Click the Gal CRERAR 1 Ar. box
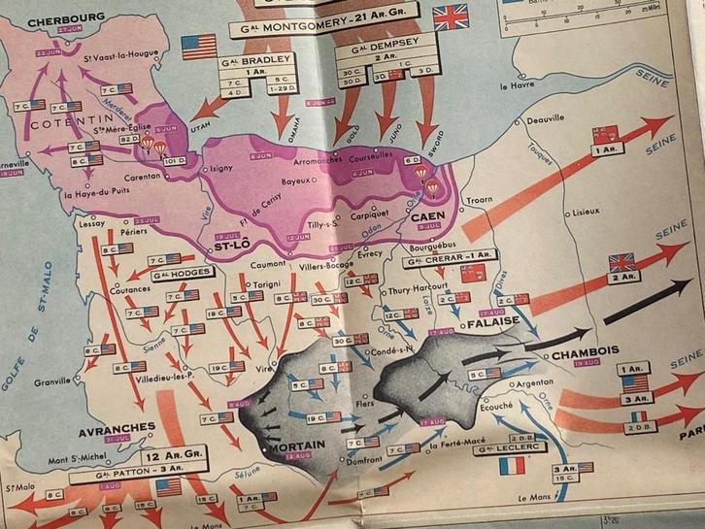click(451, 262)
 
